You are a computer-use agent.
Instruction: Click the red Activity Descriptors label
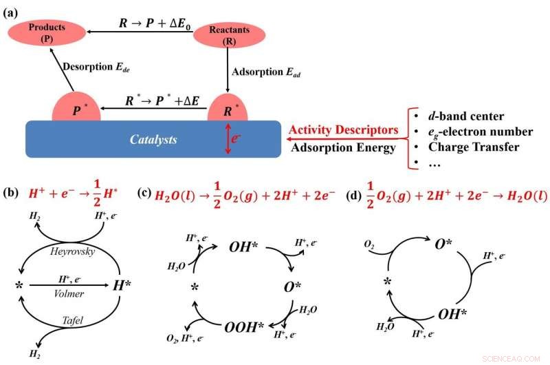344,130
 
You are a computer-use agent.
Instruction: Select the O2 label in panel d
370,244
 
